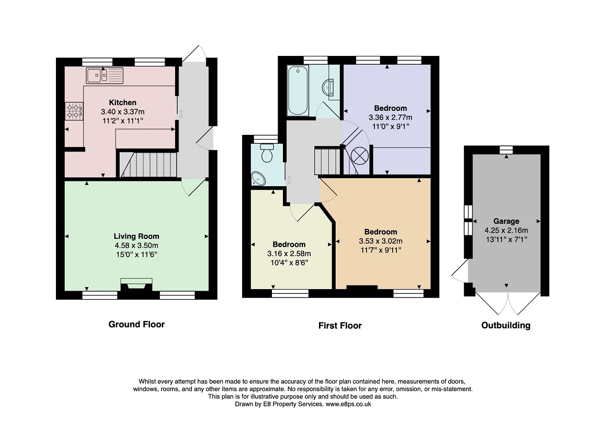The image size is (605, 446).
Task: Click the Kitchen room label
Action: point(123,102)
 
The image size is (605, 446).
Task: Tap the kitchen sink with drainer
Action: point(105,75)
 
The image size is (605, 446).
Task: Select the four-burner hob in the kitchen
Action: point(74,111)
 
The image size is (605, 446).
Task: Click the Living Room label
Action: point(136,236)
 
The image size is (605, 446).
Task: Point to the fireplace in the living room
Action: point(136,285)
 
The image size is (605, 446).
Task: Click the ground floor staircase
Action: point(147,165)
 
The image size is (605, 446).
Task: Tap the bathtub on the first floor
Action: point(298,90)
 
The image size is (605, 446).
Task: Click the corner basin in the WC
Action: point(258,179)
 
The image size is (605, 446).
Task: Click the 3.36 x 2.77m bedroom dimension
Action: point(391,117)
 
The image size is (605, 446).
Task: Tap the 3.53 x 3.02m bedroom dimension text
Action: point(381,241)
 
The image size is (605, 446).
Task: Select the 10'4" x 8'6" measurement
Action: point(289,263)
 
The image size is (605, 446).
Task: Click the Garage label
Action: point(506,221)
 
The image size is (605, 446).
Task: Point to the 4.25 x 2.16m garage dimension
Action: point(506,231)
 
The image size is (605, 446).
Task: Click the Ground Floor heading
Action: point(136,324)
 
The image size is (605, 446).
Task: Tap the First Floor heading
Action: point(340,326)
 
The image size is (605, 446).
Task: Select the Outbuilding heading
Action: point(506,325)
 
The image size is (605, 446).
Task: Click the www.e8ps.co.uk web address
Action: point(348,404)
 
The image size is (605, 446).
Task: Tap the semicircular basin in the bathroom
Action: point(328,87)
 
